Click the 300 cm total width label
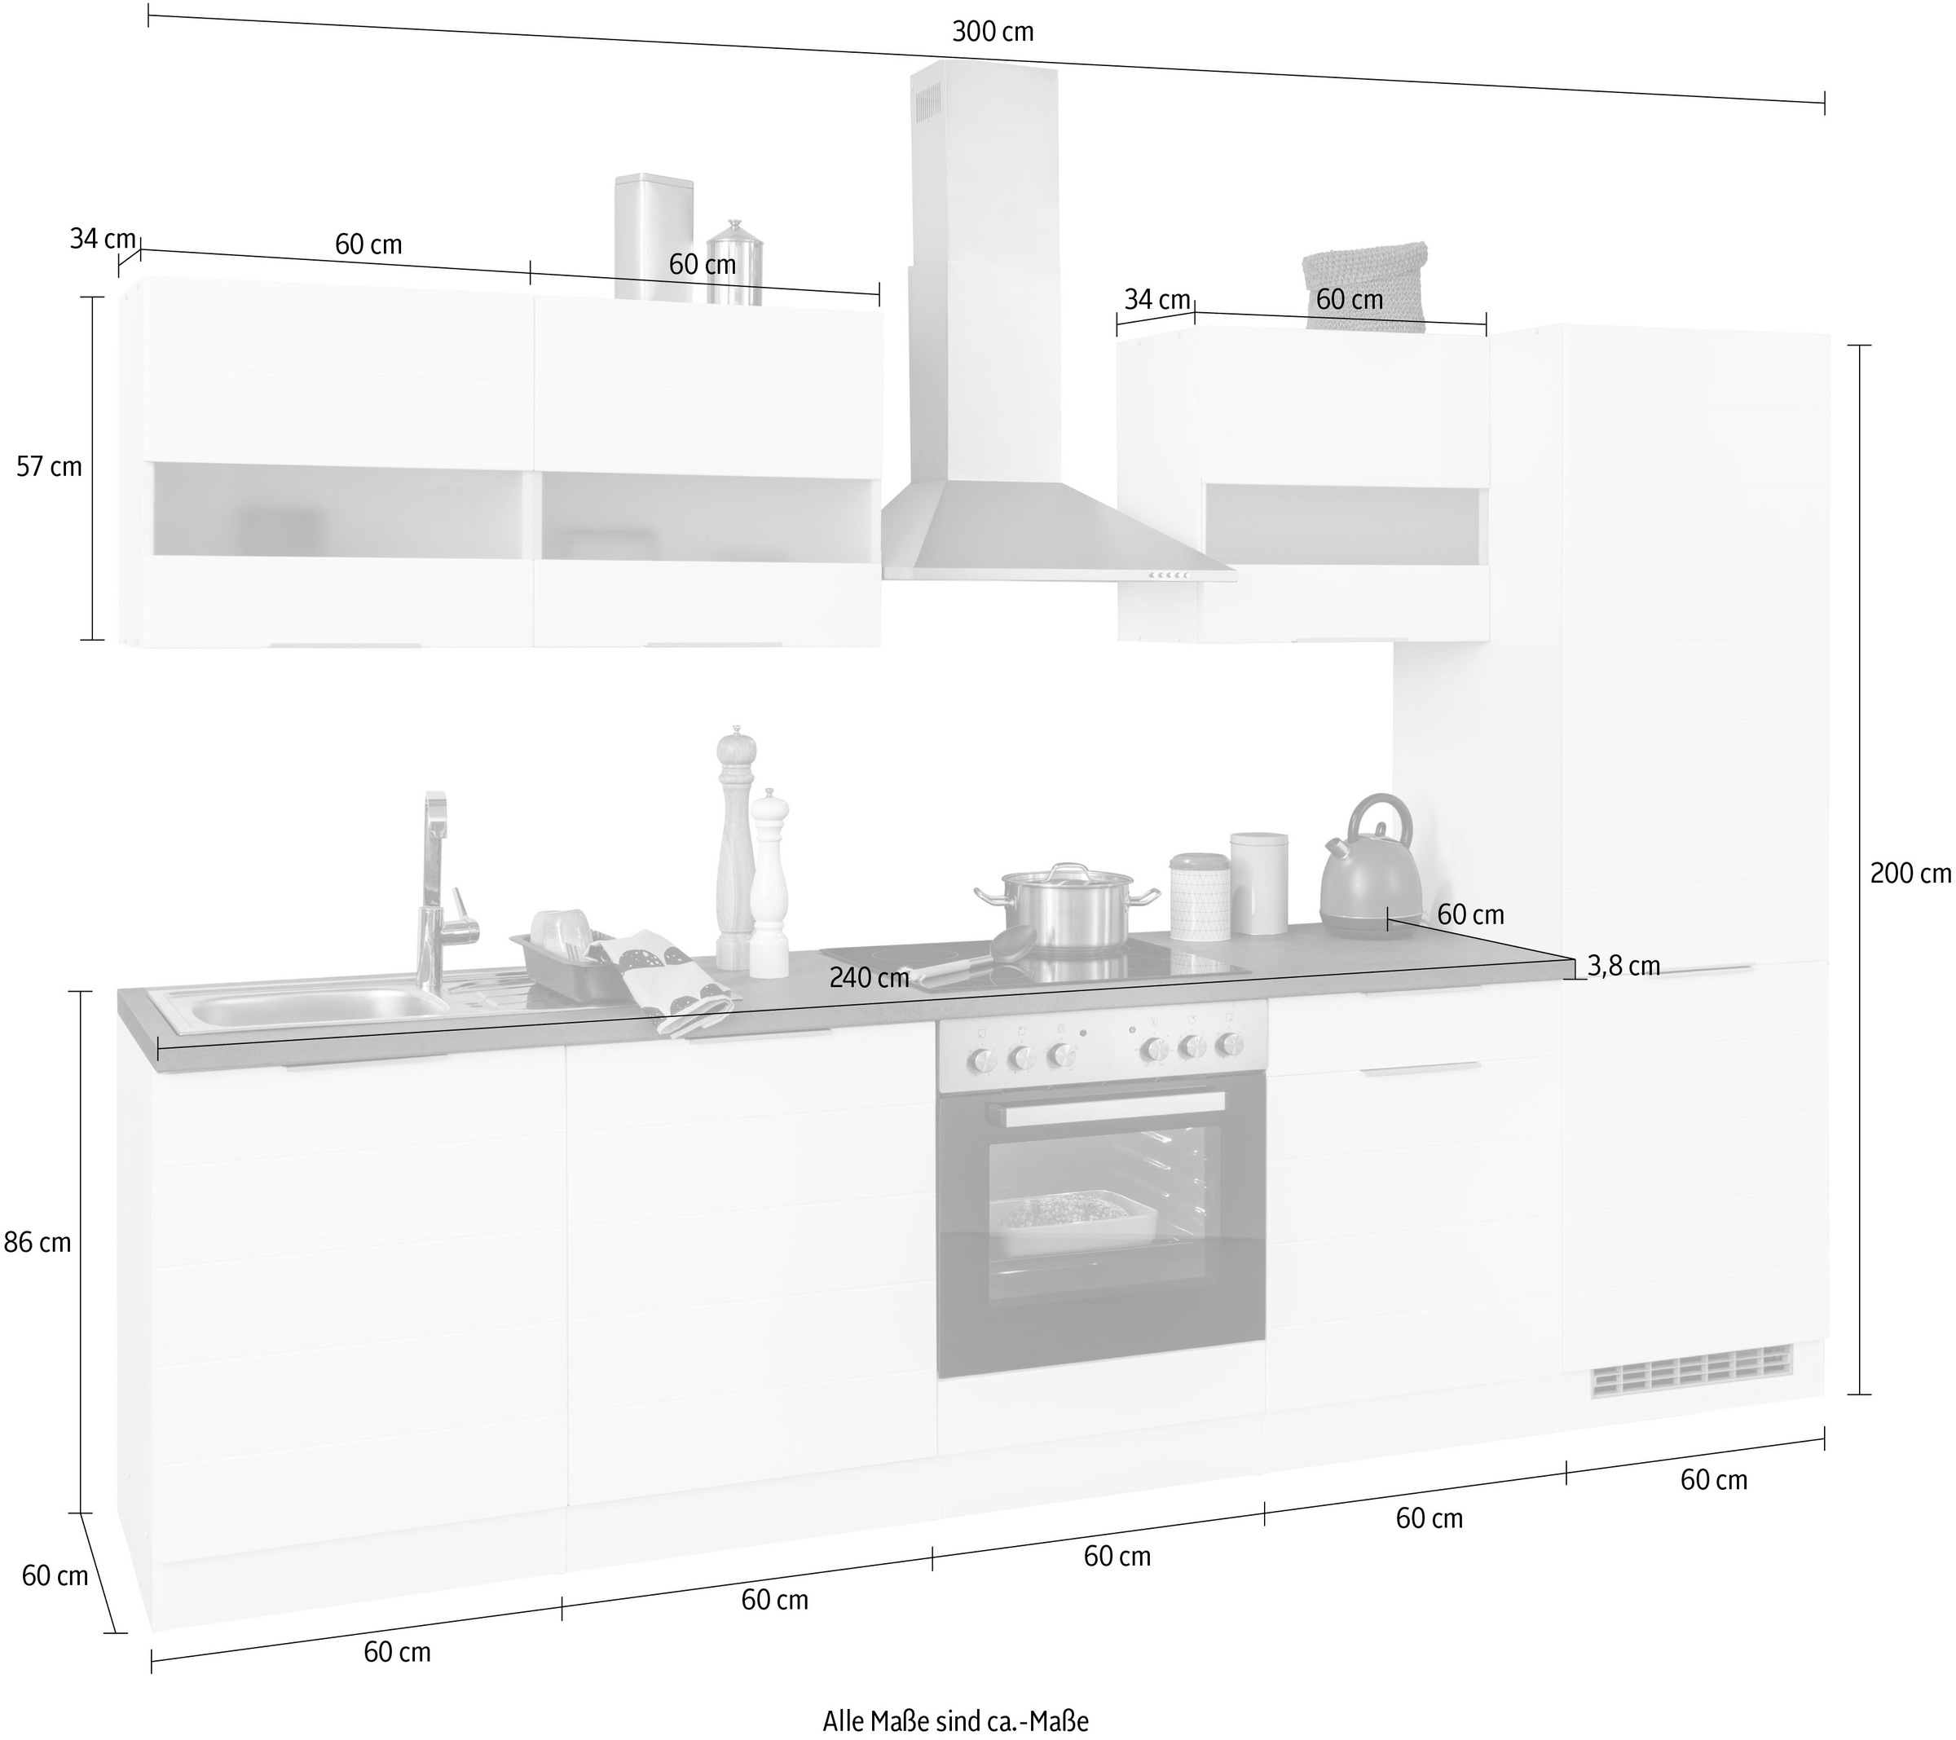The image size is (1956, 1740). [x=993, y=33]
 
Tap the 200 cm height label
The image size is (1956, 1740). [x=1910, y=873]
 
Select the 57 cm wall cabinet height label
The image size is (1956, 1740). [x=50, y=467]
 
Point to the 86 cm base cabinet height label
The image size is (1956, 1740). [x=37, y=1242]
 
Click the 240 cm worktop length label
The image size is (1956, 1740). [x=869, y=977]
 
